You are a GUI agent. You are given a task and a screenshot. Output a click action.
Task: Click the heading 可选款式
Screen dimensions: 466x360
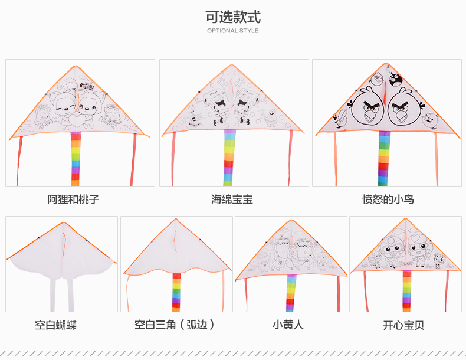(232, 17)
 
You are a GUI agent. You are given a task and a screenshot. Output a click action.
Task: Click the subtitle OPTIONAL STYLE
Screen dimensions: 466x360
(232, 31)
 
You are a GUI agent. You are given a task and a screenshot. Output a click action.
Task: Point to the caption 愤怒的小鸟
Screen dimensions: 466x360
(388, 199)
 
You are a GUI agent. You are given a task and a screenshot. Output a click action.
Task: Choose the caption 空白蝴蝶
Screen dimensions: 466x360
(55, 325)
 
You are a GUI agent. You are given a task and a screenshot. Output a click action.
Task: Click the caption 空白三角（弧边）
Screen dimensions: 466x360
(175, 325)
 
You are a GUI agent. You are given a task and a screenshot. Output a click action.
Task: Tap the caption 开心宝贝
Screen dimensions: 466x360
(403, 325)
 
